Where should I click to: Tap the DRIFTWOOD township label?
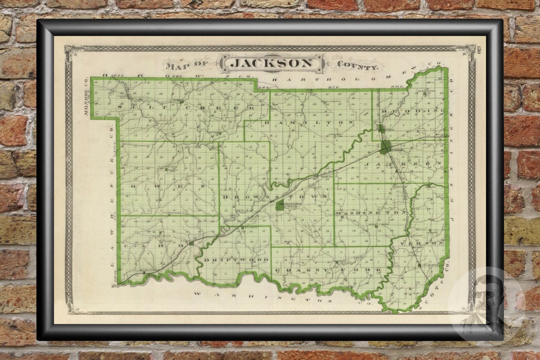(x=236, y=260)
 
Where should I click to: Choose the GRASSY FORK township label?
(x=328, y=270)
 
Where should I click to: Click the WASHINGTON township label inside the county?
(x=371, y=213)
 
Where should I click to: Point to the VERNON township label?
(x=423, y=244)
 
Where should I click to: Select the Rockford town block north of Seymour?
(x=381, y=128)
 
